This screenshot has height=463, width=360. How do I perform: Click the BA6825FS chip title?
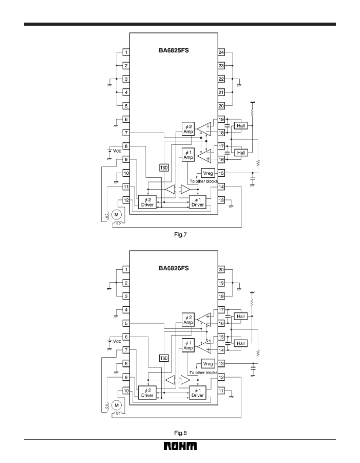[174, 50]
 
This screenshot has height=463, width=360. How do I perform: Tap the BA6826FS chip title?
[174, 268]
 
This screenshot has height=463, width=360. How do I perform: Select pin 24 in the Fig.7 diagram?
[221, 52]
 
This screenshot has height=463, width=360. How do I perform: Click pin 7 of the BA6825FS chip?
[126, 133]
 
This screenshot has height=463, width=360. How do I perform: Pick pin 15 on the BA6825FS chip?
[221, 173]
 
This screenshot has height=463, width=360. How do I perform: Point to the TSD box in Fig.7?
[164, 168]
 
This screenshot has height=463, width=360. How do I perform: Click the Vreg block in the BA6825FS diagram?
[208, 173]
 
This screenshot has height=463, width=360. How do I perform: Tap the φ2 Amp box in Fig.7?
[188, 129]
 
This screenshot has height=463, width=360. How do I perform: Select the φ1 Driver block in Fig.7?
[197, 202]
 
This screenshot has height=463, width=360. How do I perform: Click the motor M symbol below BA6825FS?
[116, 215]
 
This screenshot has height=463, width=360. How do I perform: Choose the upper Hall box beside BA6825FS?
[241, 126]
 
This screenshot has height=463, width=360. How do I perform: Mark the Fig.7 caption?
[180, 235]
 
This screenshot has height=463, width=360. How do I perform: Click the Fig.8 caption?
[180, 433]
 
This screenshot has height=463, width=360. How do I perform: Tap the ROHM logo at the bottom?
[180, 446]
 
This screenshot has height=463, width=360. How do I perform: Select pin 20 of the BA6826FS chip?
[221, 270]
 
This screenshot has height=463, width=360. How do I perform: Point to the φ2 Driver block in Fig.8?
[147, 393]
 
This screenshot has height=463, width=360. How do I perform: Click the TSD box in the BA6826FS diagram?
[164, 358]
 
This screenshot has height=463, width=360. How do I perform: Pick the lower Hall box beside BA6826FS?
[241, 343]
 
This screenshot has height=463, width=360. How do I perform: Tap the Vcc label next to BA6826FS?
[117, 341]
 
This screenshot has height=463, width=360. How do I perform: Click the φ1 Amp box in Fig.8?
[188, 345]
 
